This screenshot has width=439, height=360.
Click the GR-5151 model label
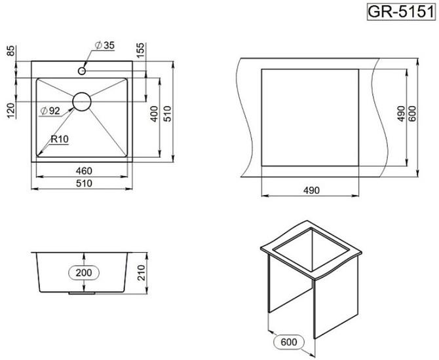click(401, 12)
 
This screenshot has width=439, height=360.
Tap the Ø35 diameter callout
click(105, 45)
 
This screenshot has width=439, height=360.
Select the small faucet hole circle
click(82, 71)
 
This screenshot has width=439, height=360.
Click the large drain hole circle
click(82, 102)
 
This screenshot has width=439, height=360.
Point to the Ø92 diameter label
click(50, 111)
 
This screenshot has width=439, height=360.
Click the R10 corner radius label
click(60, 139)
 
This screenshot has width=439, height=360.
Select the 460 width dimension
click(84, 171)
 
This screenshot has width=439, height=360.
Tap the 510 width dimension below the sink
click(84, 183)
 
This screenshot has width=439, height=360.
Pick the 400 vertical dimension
click(154, 114)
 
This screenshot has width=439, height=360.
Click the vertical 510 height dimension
click(167, 114)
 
